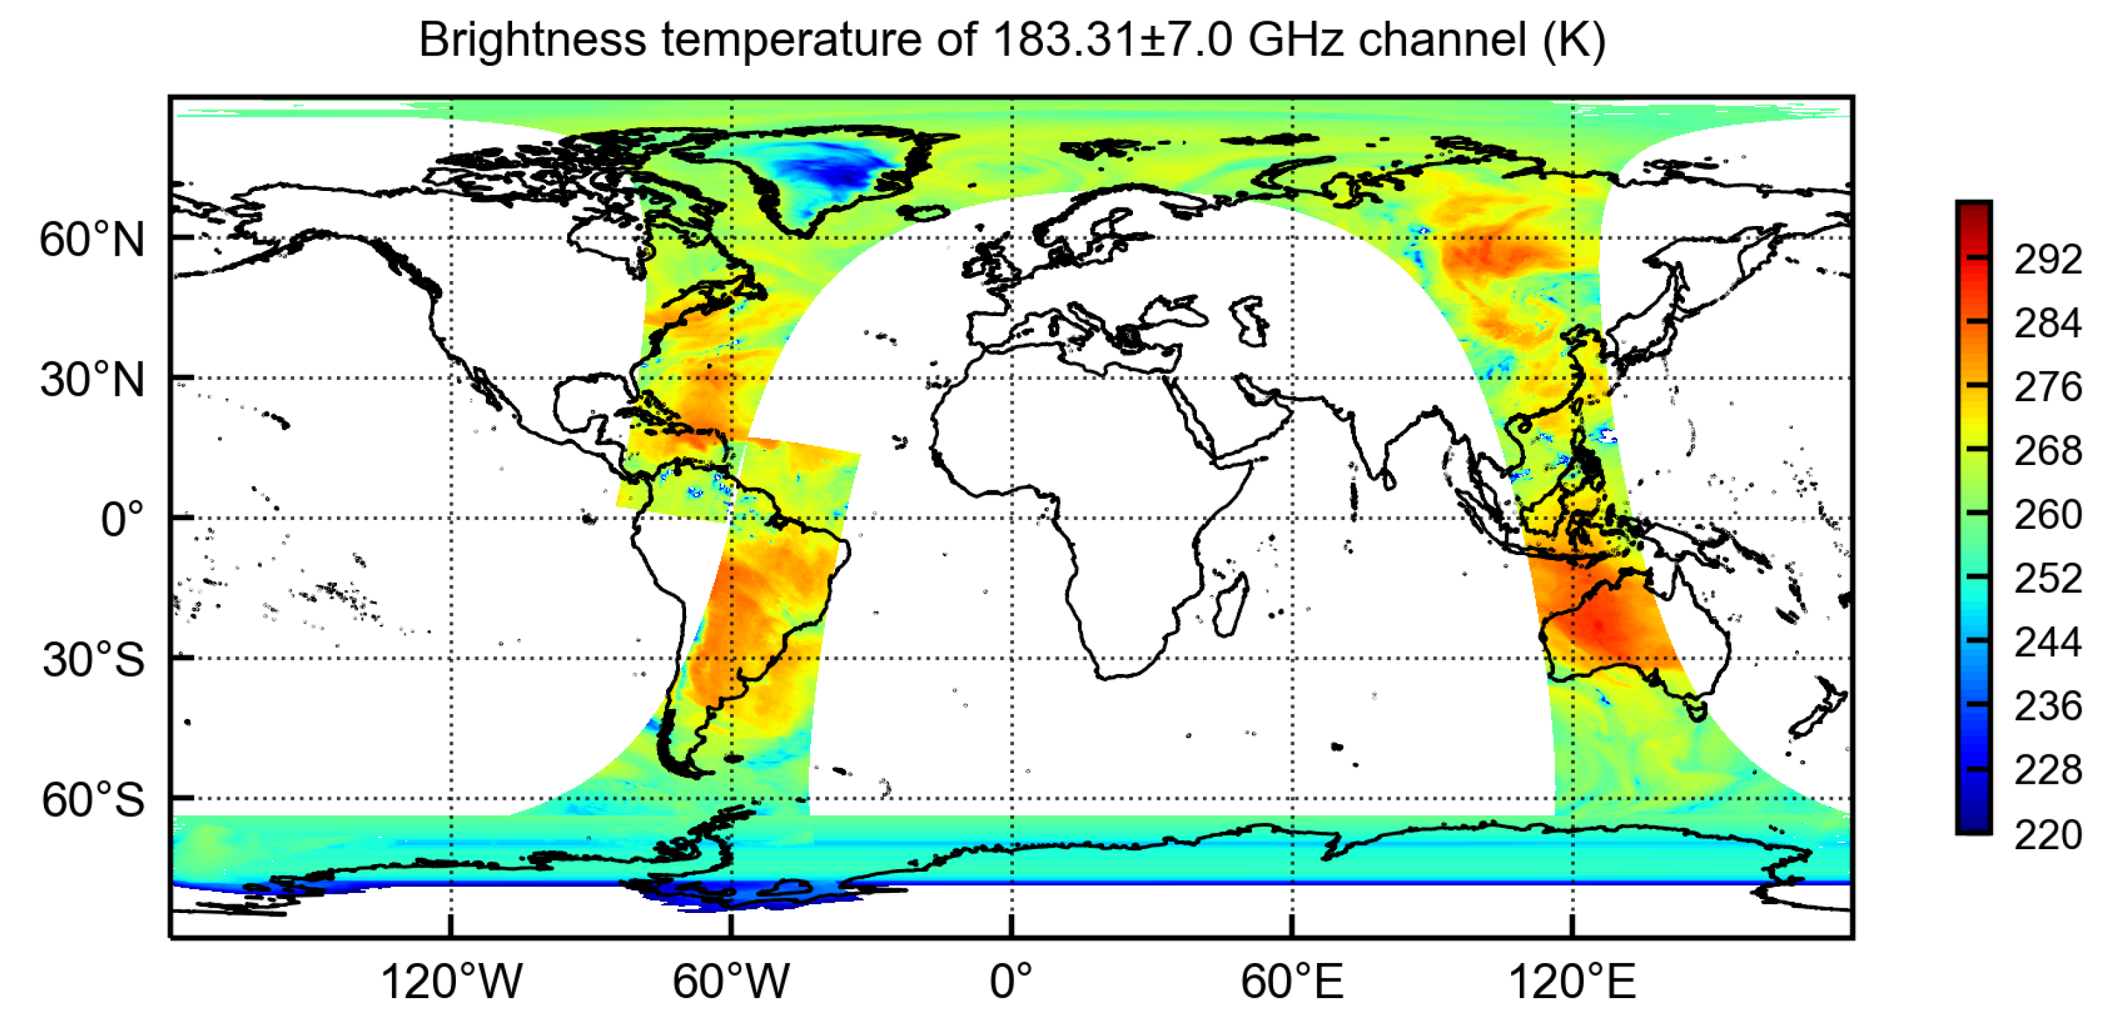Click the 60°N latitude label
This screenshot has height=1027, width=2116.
pyautogui.click(x=92, y=240)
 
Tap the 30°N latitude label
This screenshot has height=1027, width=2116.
pyautogui.click(x=92, y=380)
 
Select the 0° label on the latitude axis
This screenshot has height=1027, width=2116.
pyautogui.click(x=122, y=519)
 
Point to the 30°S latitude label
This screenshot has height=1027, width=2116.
pyautogui.click(x=93, y=660)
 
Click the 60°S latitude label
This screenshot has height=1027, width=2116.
pyautogui.click(x=93, y=800)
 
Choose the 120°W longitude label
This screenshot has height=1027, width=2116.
pyautogui.click(x=451, y=981)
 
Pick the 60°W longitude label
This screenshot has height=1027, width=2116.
pyautogui.click(x=731, y=981)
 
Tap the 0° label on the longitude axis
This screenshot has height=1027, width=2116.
pyautogui.click(x=1011, y=981)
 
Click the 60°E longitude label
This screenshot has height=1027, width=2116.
pyautogui.click(x=1291, y=981)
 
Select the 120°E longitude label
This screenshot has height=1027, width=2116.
pyautogui.click(x=1572, y=981)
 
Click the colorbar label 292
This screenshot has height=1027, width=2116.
pyautogui.click(x=2047, y=260)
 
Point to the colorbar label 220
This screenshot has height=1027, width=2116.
pyautogui.click(x=2047, y=835)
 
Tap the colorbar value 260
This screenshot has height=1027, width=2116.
pyautogui.click(x=2047, y=515)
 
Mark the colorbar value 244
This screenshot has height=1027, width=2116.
pyautogui.click(x=2047, y=642)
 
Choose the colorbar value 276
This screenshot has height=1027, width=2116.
pyautogui.click(x=2047, y=387)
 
